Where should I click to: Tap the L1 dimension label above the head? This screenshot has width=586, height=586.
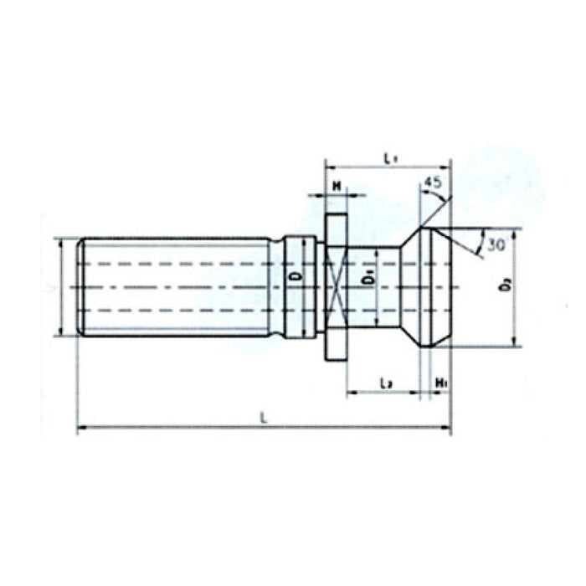[x=388, y=157]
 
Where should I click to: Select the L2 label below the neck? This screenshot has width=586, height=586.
[x=385, y=383]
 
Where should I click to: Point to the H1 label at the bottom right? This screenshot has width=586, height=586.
[x=440, y=383]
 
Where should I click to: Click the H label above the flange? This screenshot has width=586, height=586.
[x=336, y=185]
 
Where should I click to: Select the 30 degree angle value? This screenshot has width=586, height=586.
[x=495, y=245]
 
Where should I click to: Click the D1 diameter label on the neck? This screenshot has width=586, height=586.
[x=368, y=276]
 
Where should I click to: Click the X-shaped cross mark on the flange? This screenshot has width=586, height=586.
[x=335, y=286]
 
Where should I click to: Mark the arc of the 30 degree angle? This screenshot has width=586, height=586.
[x=478, y=244]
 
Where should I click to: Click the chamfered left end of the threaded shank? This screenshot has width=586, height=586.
[x=80, y=287]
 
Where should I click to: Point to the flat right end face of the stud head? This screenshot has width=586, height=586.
[x=450, y=287]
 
